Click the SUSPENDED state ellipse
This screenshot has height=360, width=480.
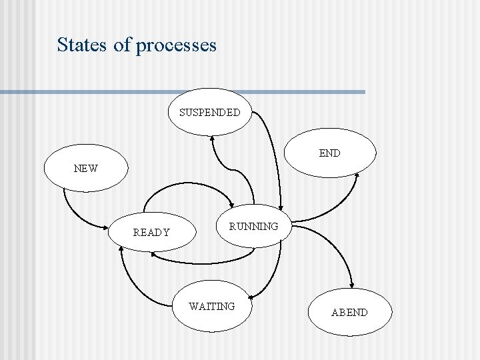[209, 112]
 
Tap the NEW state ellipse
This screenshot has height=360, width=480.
[86, 169]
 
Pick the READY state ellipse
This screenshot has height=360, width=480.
[152, 233]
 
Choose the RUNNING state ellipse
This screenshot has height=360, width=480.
[254, 226]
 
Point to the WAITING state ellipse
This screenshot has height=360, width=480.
[212, 307]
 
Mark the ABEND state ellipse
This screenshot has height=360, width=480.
[349, 312]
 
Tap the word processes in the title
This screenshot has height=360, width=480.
[176, 45]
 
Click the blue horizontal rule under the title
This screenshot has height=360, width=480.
[183, 92]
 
